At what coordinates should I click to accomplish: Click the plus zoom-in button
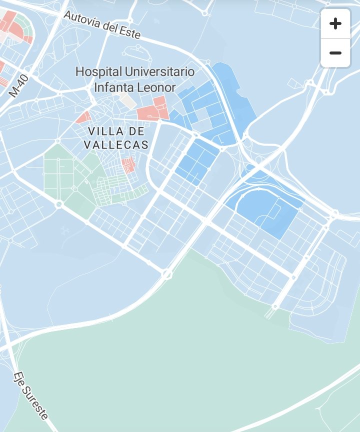(x=335, y=23)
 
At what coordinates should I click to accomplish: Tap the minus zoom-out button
(x=335, y=52)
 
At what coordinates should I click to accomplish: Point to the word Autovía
(x=82, y=19)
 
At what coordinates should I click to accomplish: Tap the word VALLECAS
(x=116, y=145)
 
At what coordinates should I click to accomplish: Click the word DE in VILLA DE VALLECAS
(x=137, y=131)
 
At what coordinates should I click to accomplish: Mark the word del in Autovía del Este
(x=110, y=26)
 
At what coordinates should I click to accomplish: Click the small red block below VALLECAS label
(x=128, y=164)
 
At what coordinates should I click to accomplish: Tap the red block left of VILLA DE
(x=83, y=118)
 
